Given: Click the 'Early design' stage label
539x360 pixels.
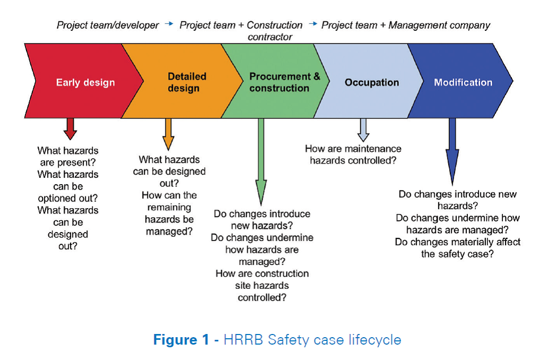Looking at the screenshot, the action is pos(85,83).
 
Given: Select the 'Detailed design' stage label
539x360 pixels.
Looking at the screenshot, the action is pos(187,82).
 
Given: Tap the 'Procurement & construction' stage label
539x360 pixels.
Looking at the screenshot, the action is pos(285,82).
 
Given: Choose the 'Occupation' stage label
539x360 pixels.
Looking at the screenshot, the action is pos(371,83).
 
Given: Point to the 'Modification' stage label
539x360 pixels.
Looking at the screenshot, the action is pos(463,82).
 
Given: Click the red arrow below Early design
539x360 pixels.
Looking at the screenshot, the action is pos(70,128).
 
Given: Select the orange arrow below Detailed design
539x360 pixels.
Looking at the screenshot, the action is pos(168,134).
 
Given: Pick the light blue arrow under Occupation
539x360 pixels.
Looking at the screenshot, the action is pos(363,130).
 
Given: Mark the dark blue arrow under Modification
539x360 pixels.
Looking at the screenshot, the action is pos(453,151).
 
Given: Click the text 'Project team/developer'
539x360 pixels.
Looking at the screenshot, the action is pos(108,25).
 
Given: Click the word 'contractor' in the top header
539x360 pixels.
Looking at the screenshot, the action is pos(270,37).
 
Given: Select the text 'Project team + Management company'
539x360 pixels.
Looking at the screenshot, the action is pos(406,25).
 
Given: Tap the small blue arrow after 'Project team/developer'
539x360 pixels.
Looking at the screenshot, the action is pos(169,24).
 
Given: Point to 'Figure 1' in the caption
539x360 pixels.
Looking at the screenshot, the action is pos(181,340).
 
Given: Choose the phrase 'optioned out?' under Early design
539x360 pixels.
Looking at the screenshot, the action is pos(68,198).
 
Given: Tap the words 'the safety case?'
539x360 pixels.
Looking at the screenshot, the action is pos(457,254).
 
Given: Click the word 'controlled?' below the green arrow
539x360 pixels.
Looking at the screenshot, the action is pos(262,297).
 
